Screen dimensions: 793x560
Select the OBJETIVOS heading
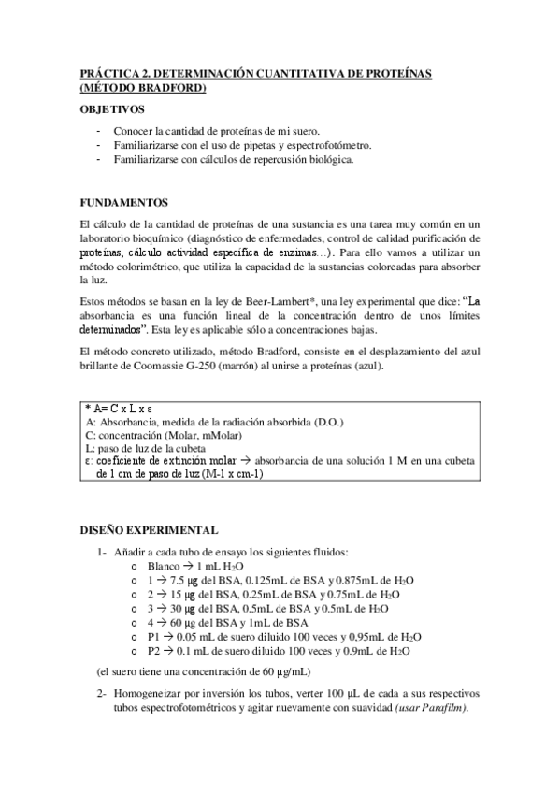tap(112, 110)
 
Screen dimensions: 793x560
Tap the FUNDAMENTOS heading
tap(123, 202)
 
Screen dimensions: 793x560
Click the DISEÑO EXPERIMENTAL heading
tap(150, 530)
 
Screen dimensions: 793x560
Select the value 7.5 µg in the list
tap(178, 580)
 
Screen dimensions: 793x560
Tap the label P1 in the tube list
tap(153, 636)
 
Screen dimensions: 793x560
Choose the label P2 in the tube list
tap(153, 650)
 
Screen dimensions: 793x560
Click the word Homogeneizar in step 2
tap(149, 695)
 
